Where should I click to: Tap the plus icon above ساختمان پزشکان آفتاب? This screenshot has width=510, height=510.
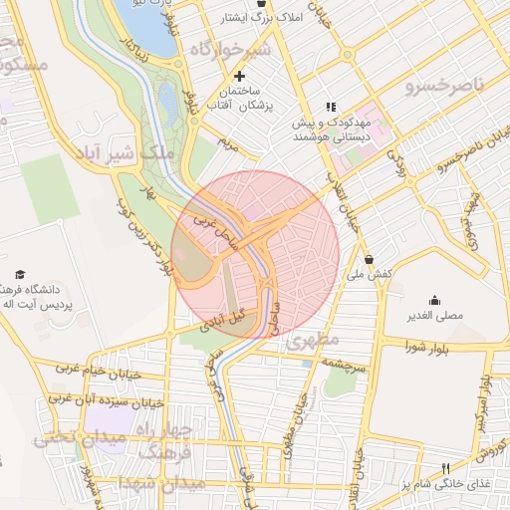click(x=239, y=76)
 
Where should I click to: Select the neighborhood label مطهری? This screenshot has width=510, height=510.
click(x=315, y=341)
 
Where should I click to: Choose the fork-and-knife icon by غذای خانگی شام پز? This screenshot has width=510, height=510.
click(x=445, y=468)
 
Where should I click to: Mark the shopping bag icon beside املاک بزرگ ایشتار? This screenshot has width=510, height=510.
click(x=260, y=5)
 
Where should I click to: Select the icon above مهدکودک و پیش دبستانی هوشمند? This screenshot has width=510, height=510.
click(x=331, y=107)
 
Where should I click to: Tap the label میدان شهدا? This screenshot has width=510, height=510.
click(x=160, y=483)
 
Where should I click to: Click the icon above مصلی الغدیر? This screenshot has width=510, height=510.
click(x=434, y=300)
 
